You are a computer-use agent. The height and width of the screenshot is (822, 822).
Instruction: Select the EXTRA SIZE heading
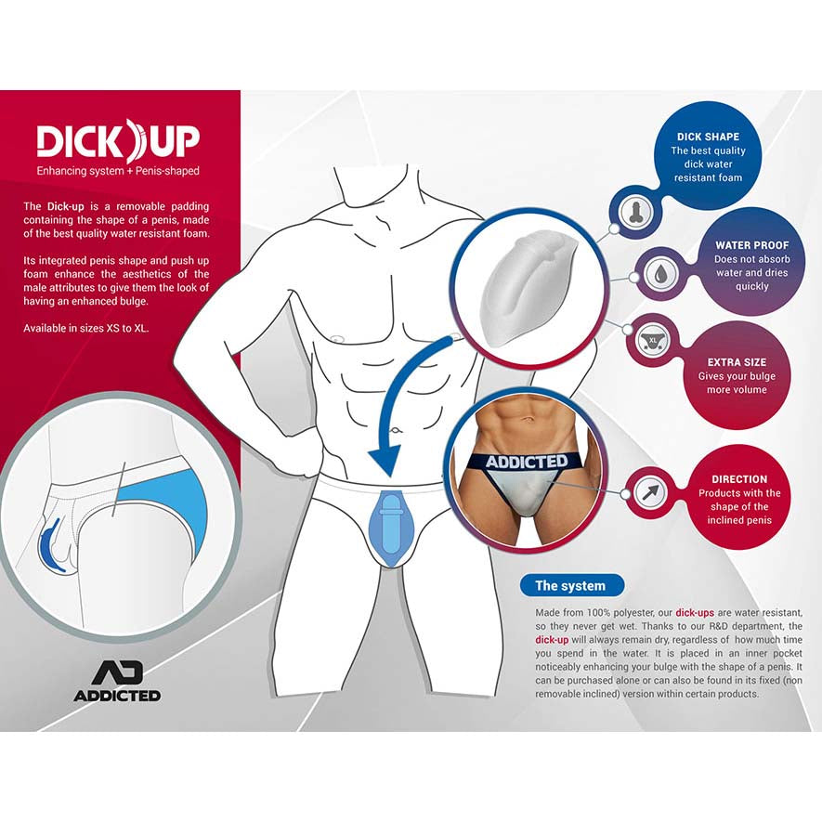(737, 361)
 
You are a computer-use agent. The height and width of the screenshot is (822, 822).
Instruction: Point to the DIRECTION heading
(739, 479)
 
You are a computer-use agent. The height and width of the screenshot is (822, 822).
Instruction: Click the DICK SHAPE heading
(707, 137)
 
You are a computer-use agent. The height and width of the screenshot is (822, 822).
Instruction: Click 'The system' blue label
(569, 585)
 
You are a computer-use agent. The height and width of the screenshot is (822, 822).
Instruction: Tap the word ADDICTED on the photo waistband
(526, 461)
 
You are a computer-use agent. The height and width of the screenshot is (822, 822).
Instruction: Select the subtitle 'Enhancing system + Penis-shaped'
(118, 171)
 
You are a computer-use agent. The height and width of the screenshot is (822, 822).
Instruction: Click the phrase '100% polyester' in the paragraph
(612, 613)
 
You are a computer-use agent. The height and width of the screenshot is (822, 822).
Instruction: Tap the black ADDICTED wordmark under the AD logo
(116, 695)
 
